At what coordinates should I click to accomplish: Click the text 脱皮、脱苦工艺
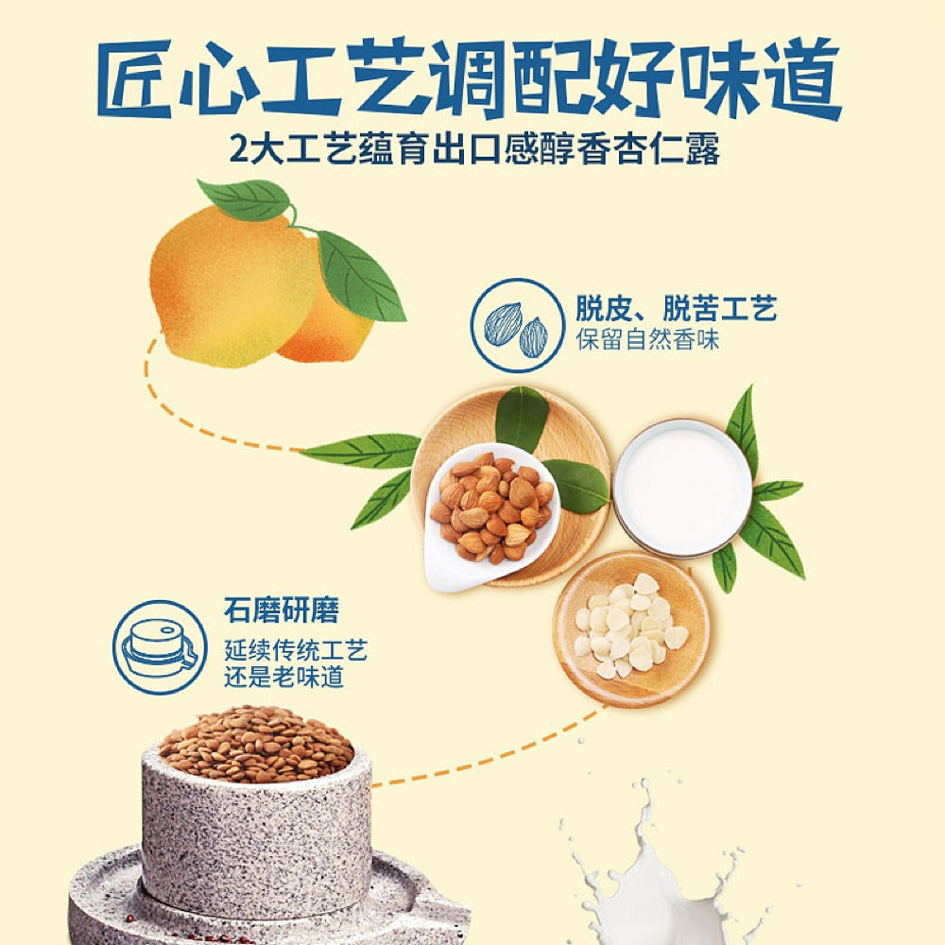click(x=676, y=309)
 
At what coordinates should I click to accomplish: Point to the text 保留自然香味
click(x=648, y=340)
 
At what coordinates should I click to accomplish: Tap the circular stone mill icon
click(x=159, y=646)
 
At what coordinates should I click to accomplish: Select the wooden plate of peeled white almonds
click(x=631, y=627)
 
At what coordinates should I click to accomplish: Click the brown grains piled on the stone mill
click(x=255, y=745)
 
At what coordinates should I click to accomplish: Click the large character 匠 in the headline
click(x=143, y=77)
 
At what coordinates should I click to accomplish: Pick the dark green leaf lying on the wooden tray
click(x=522, y=419)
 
